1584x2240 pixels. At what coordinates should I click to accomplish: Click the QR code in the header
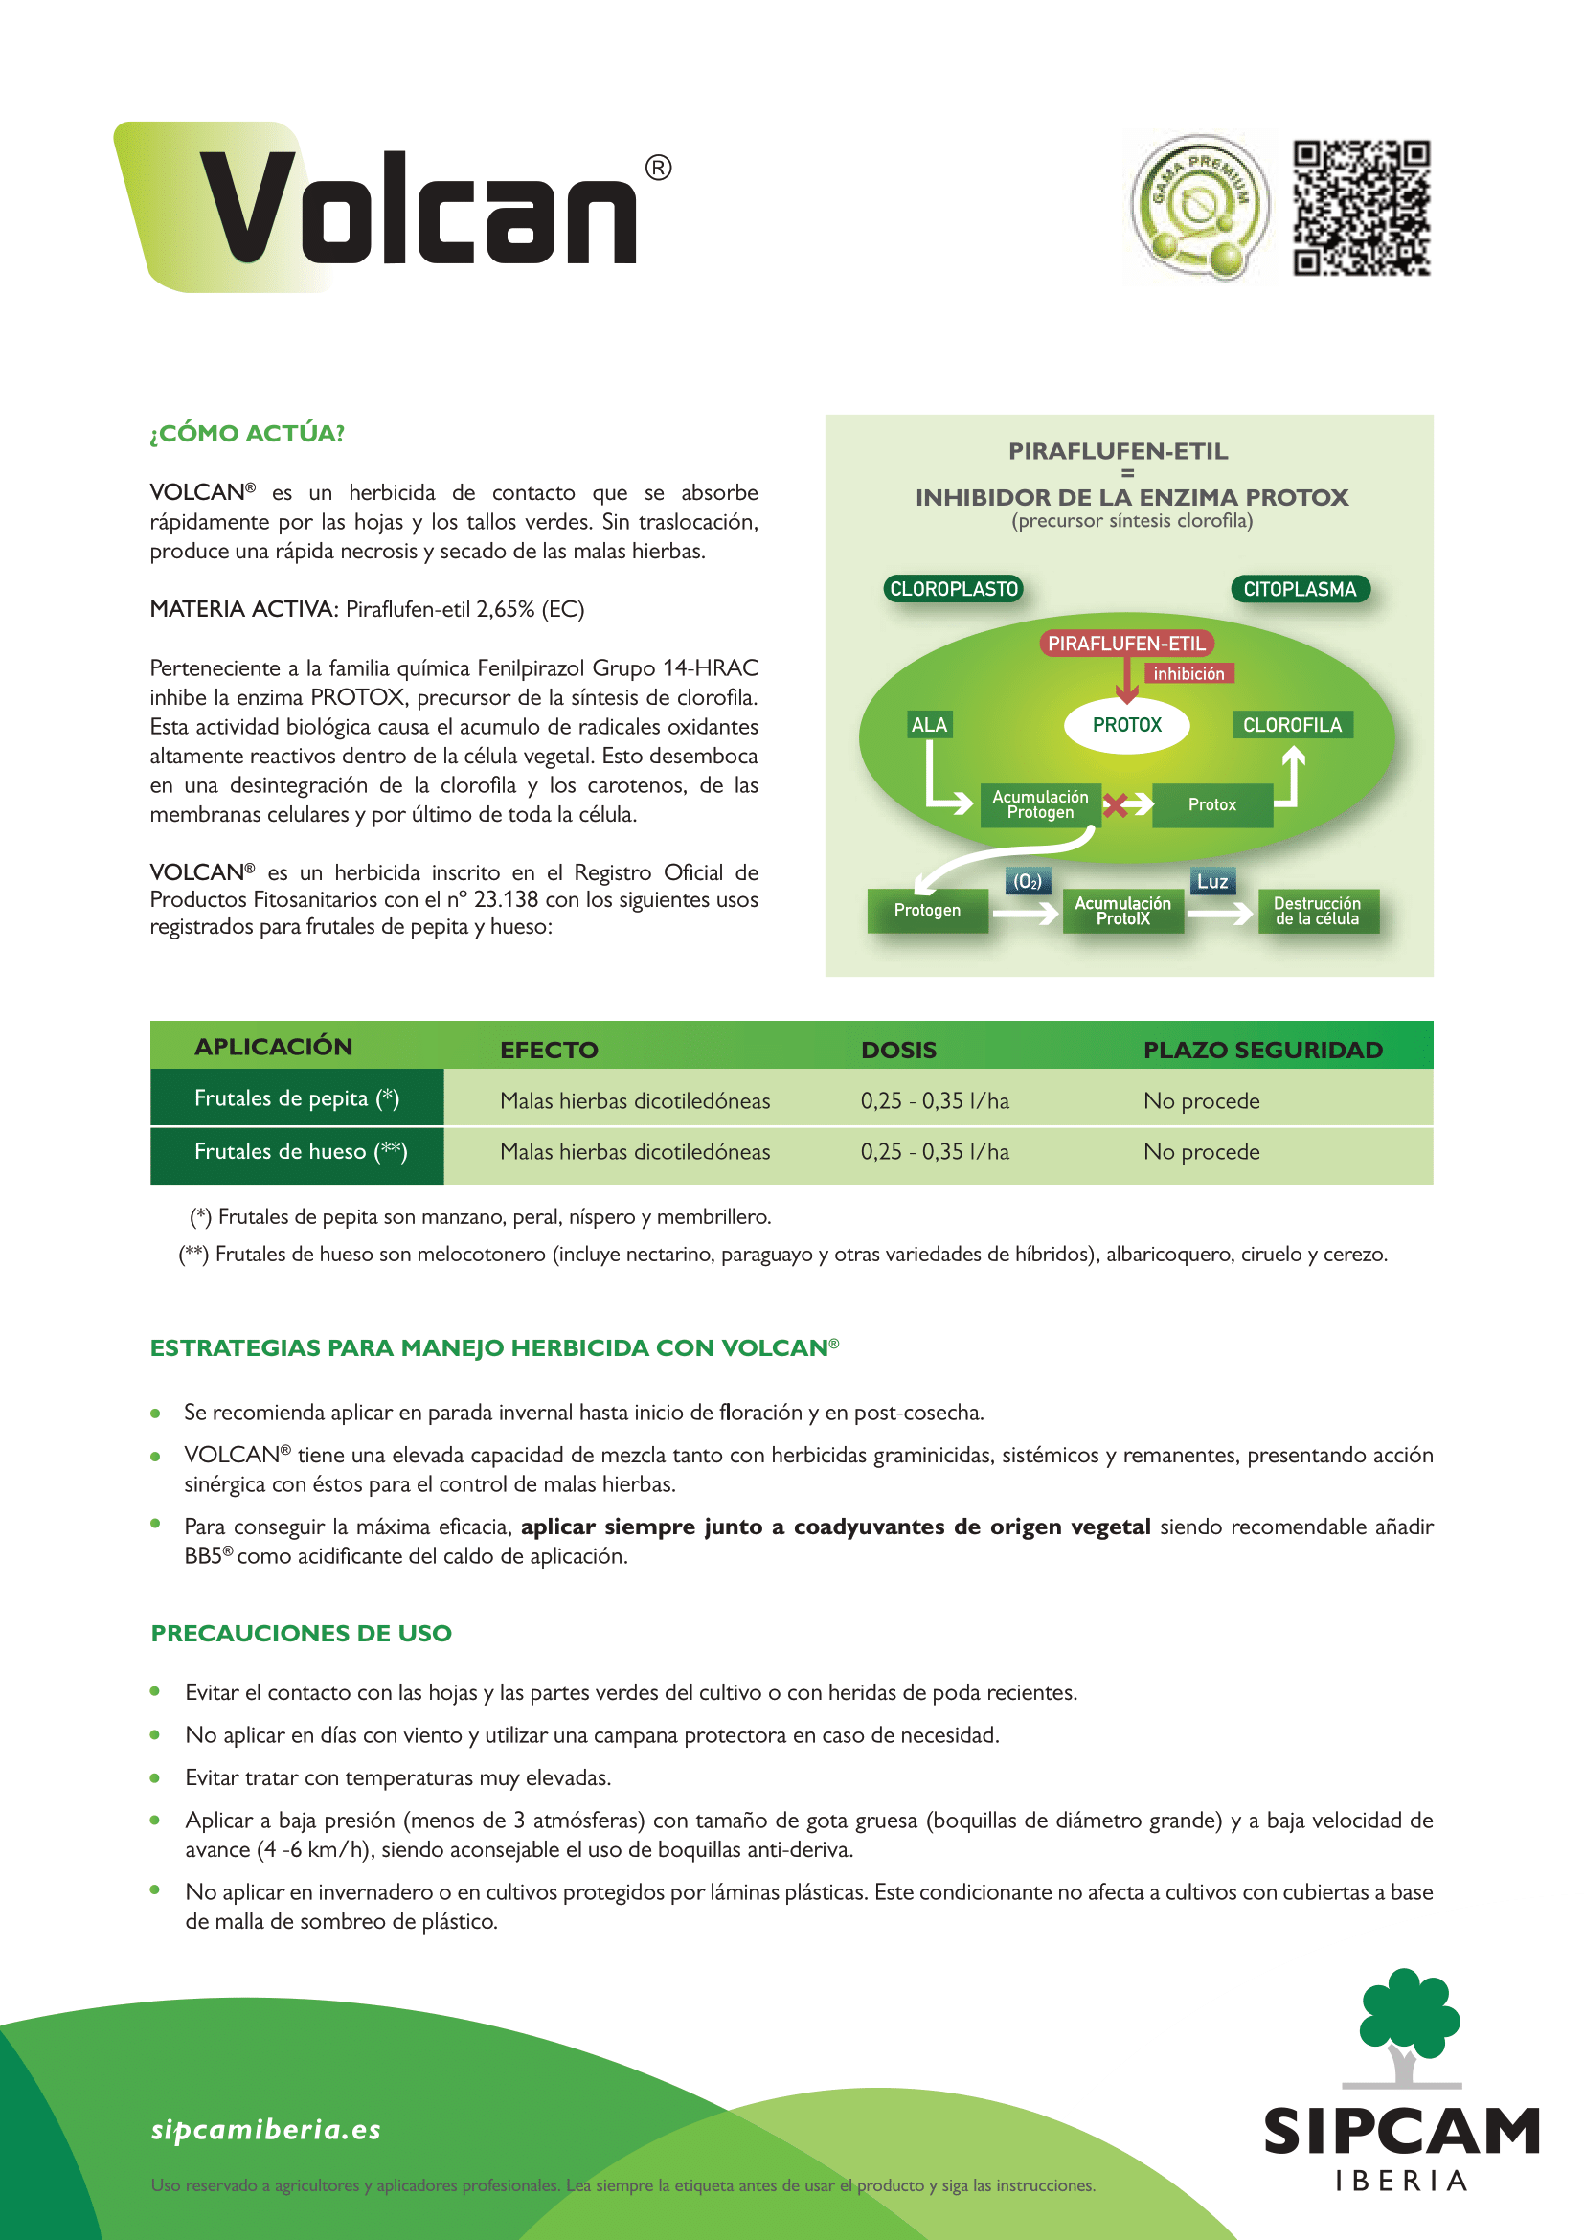[1362, 208]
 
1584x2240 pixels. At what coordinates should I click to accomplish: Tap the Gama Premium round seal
[1199, 207]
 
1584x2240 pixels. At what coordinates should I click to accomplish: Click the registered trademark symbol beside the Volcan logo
[658, 168]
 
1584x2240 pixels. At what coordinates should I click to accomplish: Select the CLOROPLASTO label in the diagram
[953, 589]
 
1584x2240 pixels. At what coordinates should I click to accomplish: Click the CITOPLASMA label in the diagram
[1300, 589]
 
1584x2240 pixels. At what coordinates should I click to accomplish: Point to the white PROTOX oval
[1126, 725]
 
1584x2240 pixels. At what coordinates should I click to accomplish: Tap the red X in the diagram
[1116, 804]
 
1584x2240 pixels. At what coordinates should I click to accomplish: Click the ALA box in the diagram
[929, 725]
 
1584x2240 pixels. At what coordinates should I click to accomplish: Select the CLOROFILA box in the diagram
[1291, 725]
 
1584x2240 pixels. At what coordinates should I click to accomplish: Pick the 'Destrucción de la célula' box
[1317, 910]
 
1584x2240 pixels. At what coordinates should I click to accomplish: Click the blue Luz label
[1211, 882]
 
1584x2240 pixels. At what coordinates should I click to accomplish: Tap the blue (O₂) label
[1027, 882]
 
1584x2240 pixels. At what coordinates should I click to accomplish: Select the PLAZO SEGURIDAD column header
[1262, 1050]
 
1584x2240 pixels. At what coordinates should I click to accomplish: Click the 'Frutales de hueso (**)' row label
[301, 1152]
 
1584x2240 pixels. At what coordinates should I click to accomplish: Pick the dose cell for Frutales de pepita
[935, 1101]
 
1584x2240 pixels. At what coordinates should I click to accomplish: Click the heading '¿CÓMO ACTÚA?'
[247, 433]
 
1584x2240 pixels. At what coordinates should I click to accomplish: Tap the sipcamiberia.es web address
[265, 2129]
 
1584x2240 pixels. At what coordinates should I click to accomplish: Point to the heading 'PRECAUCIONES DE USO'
[302, 1633]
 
